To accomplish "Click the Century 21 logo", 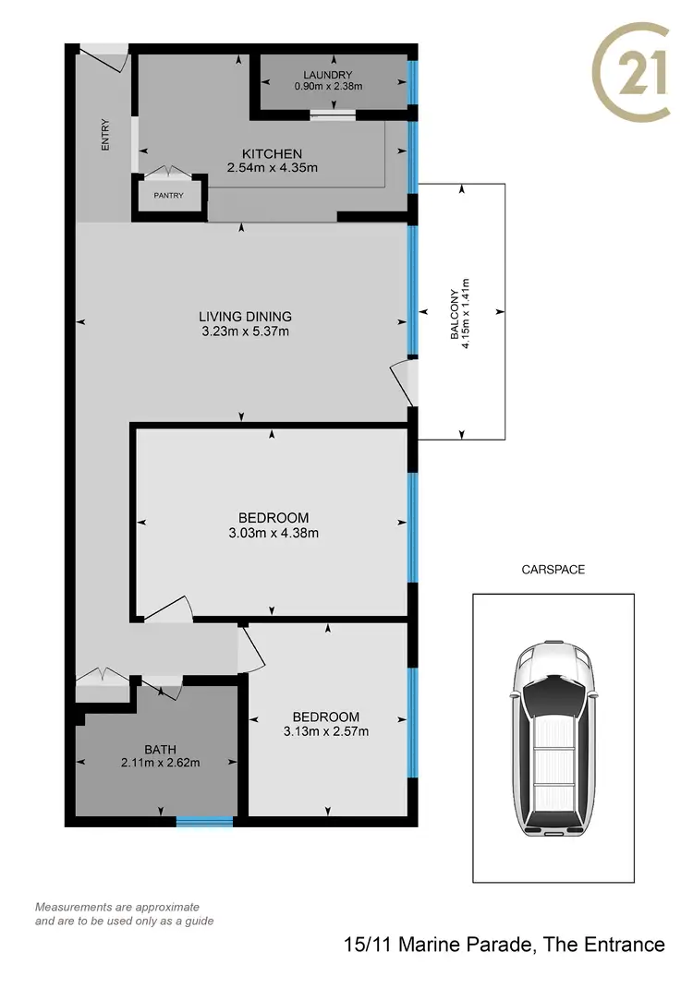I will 631,74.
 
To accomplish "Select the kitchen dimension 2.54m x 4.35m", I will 272,168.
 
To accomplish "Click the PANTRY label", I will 168,196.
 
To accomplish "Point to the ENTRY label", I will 105,134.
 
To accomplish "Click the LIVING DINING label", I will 245,317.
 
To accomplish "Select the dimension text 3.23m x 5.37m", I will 245,331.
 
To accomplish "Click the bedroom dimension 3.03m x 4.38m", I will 273,533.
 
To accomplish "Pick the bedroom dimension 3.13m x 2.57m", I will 325,732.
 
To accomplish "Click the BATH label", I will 160,749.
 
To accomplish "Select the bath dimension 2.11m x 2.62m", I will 160,763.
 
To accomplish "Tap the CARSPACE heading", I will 553,570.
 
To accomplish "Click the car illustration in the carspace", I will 553,739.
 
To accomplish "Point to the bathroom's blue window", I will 204,821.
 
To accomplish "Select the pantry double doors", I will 168,173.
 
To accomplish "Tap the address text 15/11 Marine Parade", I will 504,944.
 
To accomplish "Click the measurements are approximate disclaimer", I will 117,914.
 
